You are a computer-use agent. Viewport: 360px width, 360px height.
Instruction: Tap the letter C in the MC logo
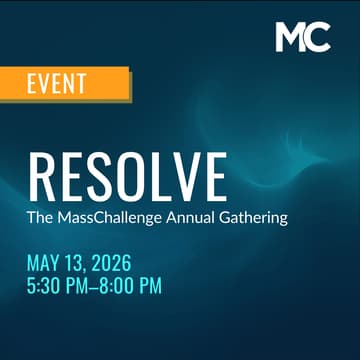318,37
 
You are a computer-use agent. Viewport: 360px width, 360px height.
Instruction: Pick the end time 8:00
119,286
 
